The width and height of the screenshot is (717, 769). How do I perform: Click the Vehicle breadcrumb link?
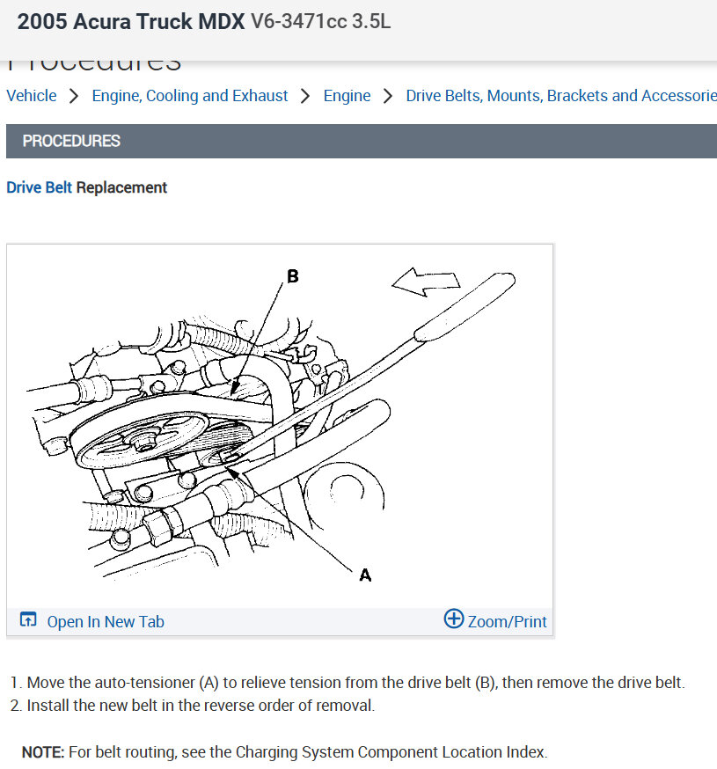click(32, 96)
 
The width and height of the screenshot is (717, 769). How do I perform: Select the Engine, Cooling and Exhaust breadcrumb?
click(190, 96)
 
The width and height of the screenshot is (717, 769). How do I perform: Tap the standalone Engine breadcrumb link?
click(347, 96)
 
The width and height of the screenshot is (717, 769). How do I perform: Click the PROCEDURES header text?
click(71, 141)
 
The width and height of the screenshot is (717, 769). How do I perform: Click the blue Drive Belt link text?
click(39, 187)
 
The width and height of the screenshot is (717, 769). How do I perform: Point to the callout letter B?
click(293, 276)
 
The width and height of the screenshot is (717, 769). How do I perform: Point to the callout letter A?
click(365, 575)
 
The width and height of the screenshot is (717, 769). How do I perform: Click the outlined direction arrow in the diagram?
click(426, 282)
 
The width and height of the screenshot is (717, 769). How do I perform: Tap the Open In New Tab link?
click(106, 621)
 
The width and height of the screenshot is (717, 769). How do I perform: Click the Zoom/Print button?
click(507, 621)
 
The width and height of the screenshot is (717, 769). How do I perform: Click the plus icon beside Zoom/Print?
click(453, 619)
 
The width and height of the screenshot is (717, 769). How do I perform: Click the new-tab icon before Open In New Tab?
click(28, 620)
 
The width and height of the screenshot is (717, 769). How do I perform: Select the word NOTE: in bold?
click(43, 752)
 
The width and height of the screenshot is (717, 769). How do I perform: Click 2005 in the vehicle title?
click(40, 22)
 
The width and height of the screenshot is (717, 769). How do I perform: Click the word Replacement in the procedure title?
click(121, 187)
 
